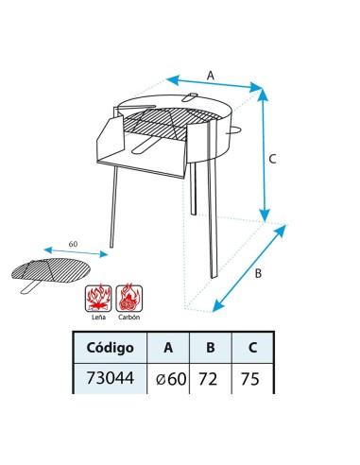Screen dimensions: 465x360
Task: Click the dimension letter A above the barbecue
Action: [x=211, y=74]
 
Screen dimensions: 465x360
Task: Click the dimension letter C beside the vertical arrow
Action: [x=272, y=160]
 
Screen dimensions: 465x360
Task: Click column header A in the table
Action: [x=168, y=347]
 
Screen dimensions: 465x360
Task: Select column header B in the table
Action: [x=211, y=347]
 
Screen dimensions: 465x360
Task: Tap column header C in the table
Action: [x=251, y=347]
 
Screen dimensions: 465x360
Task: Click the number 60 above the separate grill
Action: [x=73, y=245]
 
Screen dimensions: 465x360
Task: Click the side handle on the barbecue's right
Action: [x=241, y=129]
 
